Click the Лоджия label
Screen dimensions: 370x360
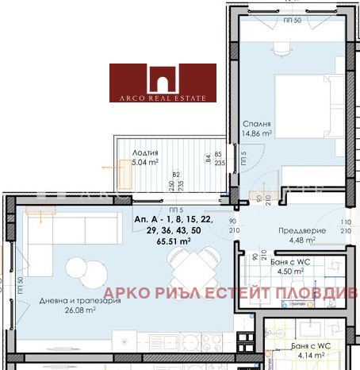tap(145, 153)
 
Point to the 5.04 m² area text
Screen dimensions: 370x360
tap(145, 163)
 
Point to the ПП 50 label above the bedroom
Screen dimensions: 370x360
tap(291, 21)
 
